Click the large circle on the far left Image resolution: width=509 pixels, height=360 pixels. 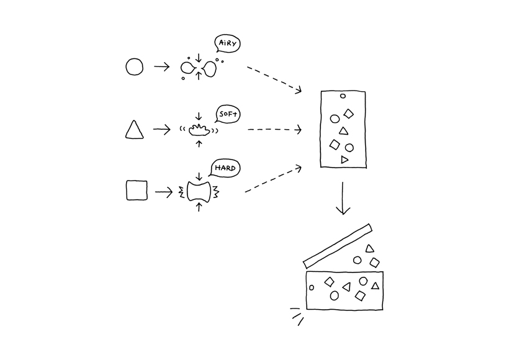[x=135, y=66]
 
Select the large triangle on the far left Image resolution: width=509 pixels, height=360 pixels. [x=135, y=130]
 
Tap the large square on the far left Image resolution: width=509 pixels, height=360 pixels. [x=137, y=191]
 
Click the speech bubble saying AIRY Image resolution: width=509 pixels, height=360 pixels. [x=227, y=44]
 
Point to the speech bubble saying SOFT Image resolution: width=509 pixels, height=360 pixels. [x=228, y=114]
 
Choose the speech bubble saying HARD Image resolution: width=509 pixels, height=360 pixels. [x=224, y=168]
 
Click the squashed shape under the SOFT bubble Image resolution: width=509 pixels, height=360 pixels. [x=199, y=130]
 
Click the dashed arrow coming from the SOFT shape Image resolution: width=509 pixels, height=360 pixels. [x=274, y=130]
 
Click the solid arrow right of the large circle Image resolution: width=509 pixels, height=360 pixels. [x=161, y=66]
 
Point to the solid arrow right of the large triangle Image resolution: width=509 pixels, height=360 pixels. [x=161, y=130]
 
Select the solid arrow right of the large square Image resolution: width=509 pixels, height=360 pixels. [x=163, y=192]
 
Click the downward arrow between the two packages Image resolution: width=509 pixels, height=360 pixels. [x=342, y=199]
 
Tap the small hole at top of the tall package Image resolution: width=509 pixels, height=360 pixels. [x=342, y=96]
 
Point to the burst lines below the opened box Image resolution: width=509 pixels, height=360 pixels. [x=295, y=315]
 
